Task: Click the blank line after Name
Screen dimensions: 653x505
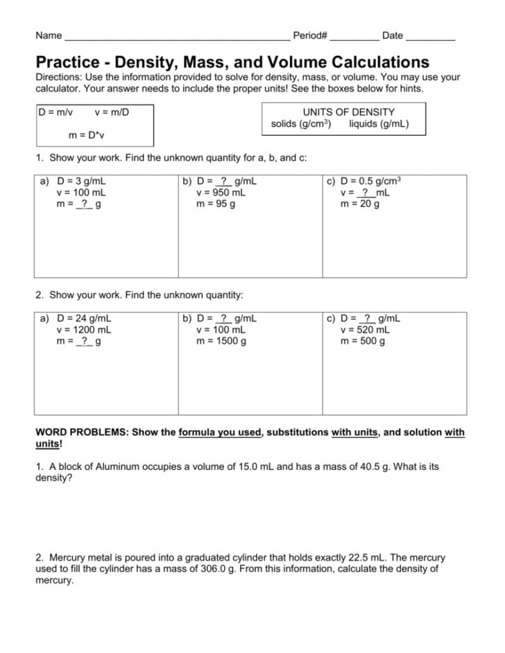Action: [177, 36]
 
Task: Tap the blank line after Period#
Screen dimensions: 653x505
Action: [354, 36]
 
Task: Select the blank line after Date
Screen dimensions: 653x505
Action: [430, 36]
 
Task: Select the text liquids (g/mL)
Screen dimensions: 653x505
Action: [379, 124]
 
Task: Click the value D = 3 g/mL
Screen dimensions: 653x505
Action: [80, 182]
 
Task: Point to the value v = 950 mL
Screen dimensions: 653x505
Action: [221, 193]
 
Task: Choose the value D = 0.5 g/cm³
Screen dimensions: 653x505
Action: [370, 182]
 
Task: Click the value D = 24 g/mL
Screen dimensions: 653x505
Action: [83, 319]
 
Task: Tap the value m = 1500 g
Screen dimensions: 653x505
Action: [221, 341]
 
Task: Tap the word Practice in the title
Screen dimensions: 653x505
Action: [68, 62]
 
